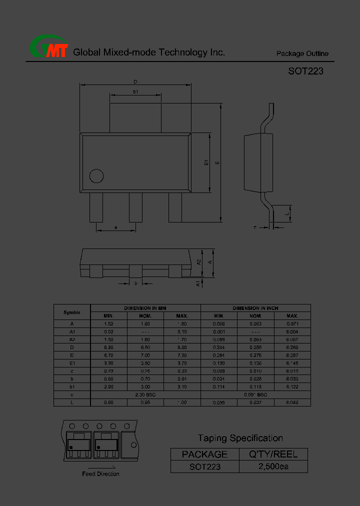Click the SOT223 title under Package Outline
pos(305,71)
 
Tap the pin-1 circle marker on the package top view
pos(96,176)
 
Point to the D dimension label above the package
pos(135,81)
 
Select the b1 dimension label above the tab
pos(135,91)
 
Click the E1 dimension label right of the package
pos(206,162)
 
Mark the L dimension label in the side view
pos(287,214)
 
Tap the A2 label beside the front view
pos(198,261)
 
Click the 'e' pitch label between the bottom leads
pos(115,227)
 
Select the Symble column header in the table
pos(72,312)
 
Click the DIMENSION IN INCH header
pos(255,308)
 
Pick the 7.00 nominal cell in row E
pos(145,355)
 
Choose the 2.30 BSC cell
pos(145,394)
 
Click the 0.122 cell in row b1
pos(292,386)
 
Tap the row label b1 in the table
pos(72,386)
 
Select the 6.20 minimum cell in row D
pos(108,347)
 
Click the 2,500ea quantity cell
pos(273,466)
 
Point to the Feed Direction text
pos(100,473)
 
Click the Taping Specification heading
pos(240,438)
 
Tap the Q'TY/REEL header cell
pos(273,454)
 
